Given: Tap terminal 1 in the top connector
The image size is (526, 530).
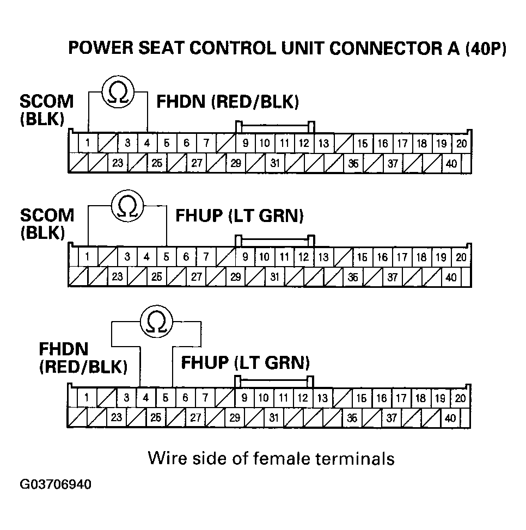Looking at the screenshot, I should click(x=88, y=144).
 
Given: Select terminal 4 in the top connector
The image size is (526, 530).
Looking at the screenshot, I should click(x=146, y=144).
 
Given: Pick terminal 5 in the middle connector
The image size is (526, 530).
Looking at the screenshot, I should click(x=166, y=257).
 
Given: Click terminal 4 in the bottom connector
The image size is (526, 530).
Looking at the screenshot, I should click(x=145, y=398).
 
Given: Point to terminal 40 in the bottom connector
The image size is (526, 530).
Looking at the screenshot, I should click(x=450, y=418).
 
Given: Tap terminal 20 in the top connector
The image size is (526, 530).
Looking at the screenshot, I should click(x=461, y=144).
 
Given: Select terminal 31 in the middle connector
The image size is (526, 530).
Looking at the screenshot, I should click(x=274, y=276).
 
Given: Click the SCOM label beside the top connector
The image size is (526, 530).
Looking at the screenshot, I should click(x=46, y=102).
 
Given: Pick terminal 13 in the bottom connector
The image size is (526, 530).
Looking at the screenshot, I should click(x=322, y=398).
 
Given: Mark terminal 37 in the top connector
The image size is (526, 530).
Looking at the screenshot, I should click(x=393, y=163).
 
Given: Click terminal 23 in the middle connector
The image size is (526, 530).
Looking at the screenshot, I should click(x=117, y=276).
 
